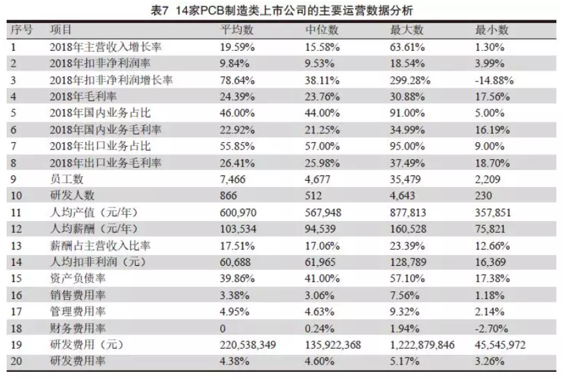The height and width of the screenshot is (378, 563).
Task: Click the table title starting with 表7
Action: [281, 10]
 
